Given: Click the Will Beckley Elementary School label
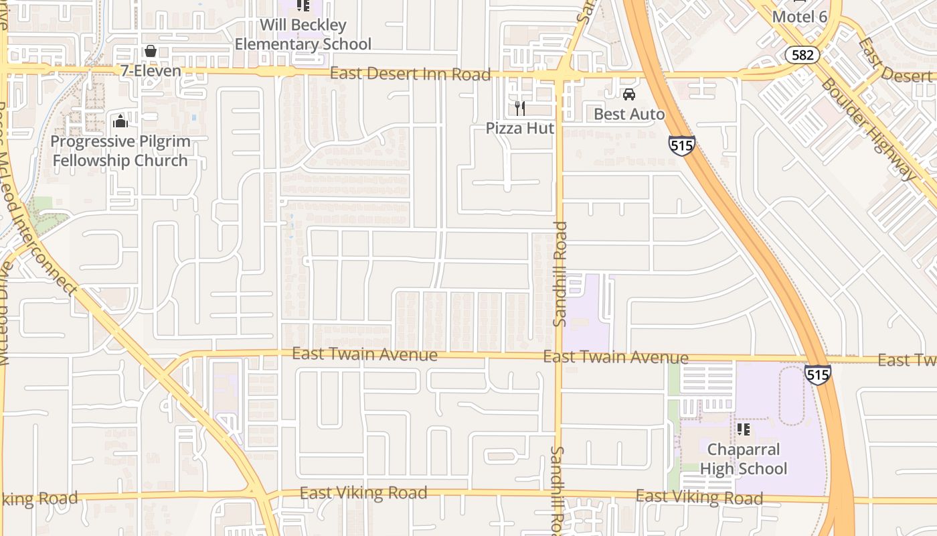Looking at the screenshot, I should (x=303, y=35).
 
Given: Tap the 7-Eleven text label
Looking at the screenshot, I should (x=151, y=71).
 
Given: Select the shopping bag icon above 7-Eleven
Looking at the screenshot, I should (x=151, y=52).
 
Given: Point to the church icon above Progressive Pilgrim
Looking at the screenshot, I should (x=120, y=121).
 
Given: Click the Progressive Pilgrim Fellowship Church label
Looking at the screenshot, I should (x=120, y=151).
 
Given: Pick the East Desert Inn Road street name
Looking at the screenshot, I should (x=410, y=74).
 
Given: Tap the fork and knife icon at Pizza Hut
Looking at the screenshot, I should (x=519, y=108).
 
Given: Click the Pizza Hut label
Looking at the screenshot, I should (x=520, y=127).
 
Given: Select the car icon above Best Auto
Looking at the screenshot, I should (x=628, y=94).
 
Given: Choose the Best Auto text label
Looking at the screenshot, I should (x=629, y=114).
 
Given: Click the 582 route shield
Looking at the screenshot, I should (x=802, y=55).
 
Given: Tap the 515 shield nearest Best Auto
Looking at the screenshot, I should (x=681, y=145).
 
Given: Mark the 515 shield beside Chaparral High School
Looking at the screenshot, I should (x=817, y=375).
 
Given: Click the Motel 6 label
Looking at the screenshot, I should (x=800, y=16).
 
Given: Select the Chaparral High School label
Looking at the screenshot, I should (x=744, y=459).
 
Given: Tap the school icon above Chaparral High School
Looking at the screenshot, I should (x=743, y=429).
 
